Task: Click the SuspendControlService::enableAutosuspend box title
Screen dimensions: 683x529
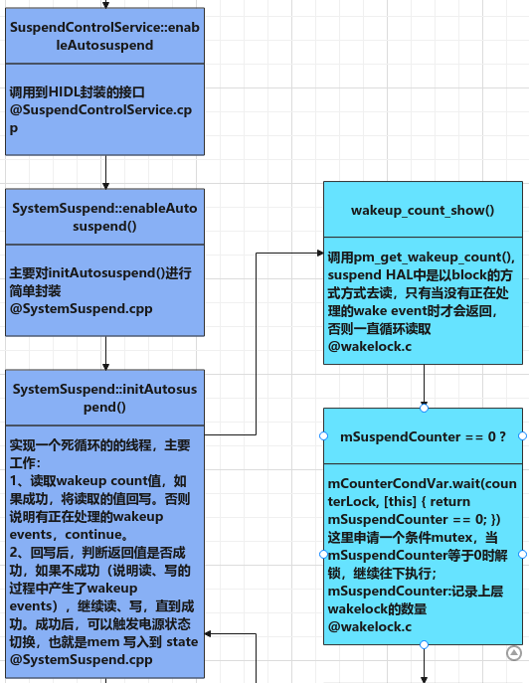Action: tap(104, 36)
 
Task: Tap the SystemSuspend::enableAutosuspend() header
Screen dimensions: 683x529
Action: tap(104, 217)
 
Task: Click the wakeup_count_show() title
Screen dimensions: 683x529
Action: tap(423, 211)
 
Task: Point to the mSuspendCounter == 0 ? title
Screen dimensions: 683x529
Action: tap(423, 436)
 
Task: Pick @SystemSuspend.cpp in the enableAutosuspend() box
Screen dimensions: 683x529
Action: tap(81, 309)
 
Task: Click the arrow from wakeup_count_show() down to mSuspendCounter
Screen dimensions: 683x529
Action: tap(424, 383)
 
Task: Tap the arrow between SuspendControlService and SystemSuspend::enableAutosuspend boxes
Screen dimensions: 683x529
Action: tap(105, 172)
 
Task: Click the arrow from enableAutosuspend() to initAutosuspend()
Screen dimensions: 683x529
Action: tap(105, 352)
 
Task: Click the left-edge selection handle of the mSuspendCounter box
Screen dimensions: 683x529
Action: tap(324, 436)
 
